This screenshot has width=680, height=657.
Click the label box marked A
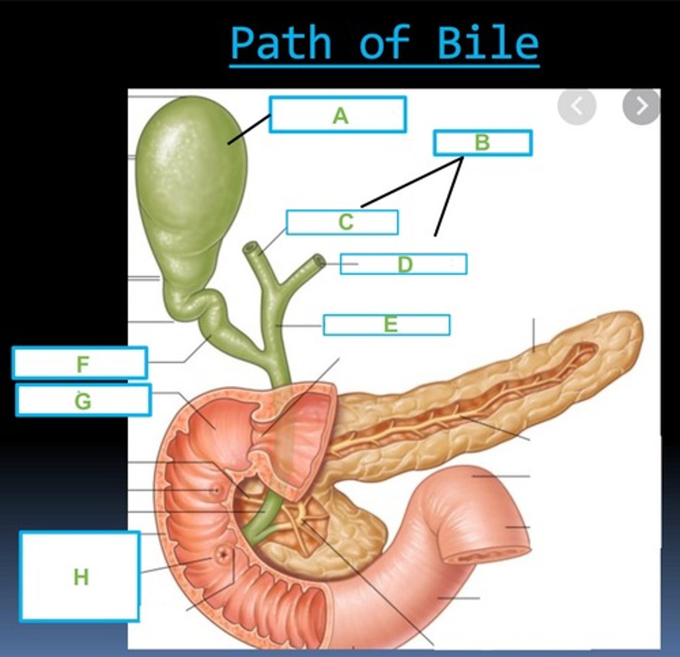tap(337, 114)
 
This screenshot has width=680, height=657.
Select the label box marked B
tap(482, 143)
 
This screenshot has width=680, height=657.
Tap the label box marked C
tap(342, 222)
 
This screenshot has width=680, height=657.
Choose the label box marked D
tap(404, 264)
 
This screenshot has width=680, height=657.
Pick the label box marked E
tap(387, 325)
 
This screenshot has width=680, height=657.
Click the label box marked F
tap(80, 363)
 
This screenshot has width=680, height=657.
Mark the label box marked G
tap(83, 400)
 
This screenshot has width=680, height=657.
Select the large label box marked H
tap(80, 577)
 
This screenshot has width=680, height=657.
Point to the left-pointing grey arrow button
tap(577, 106)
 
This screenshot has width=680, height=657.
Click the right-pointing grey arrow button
tap(641, 106)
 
